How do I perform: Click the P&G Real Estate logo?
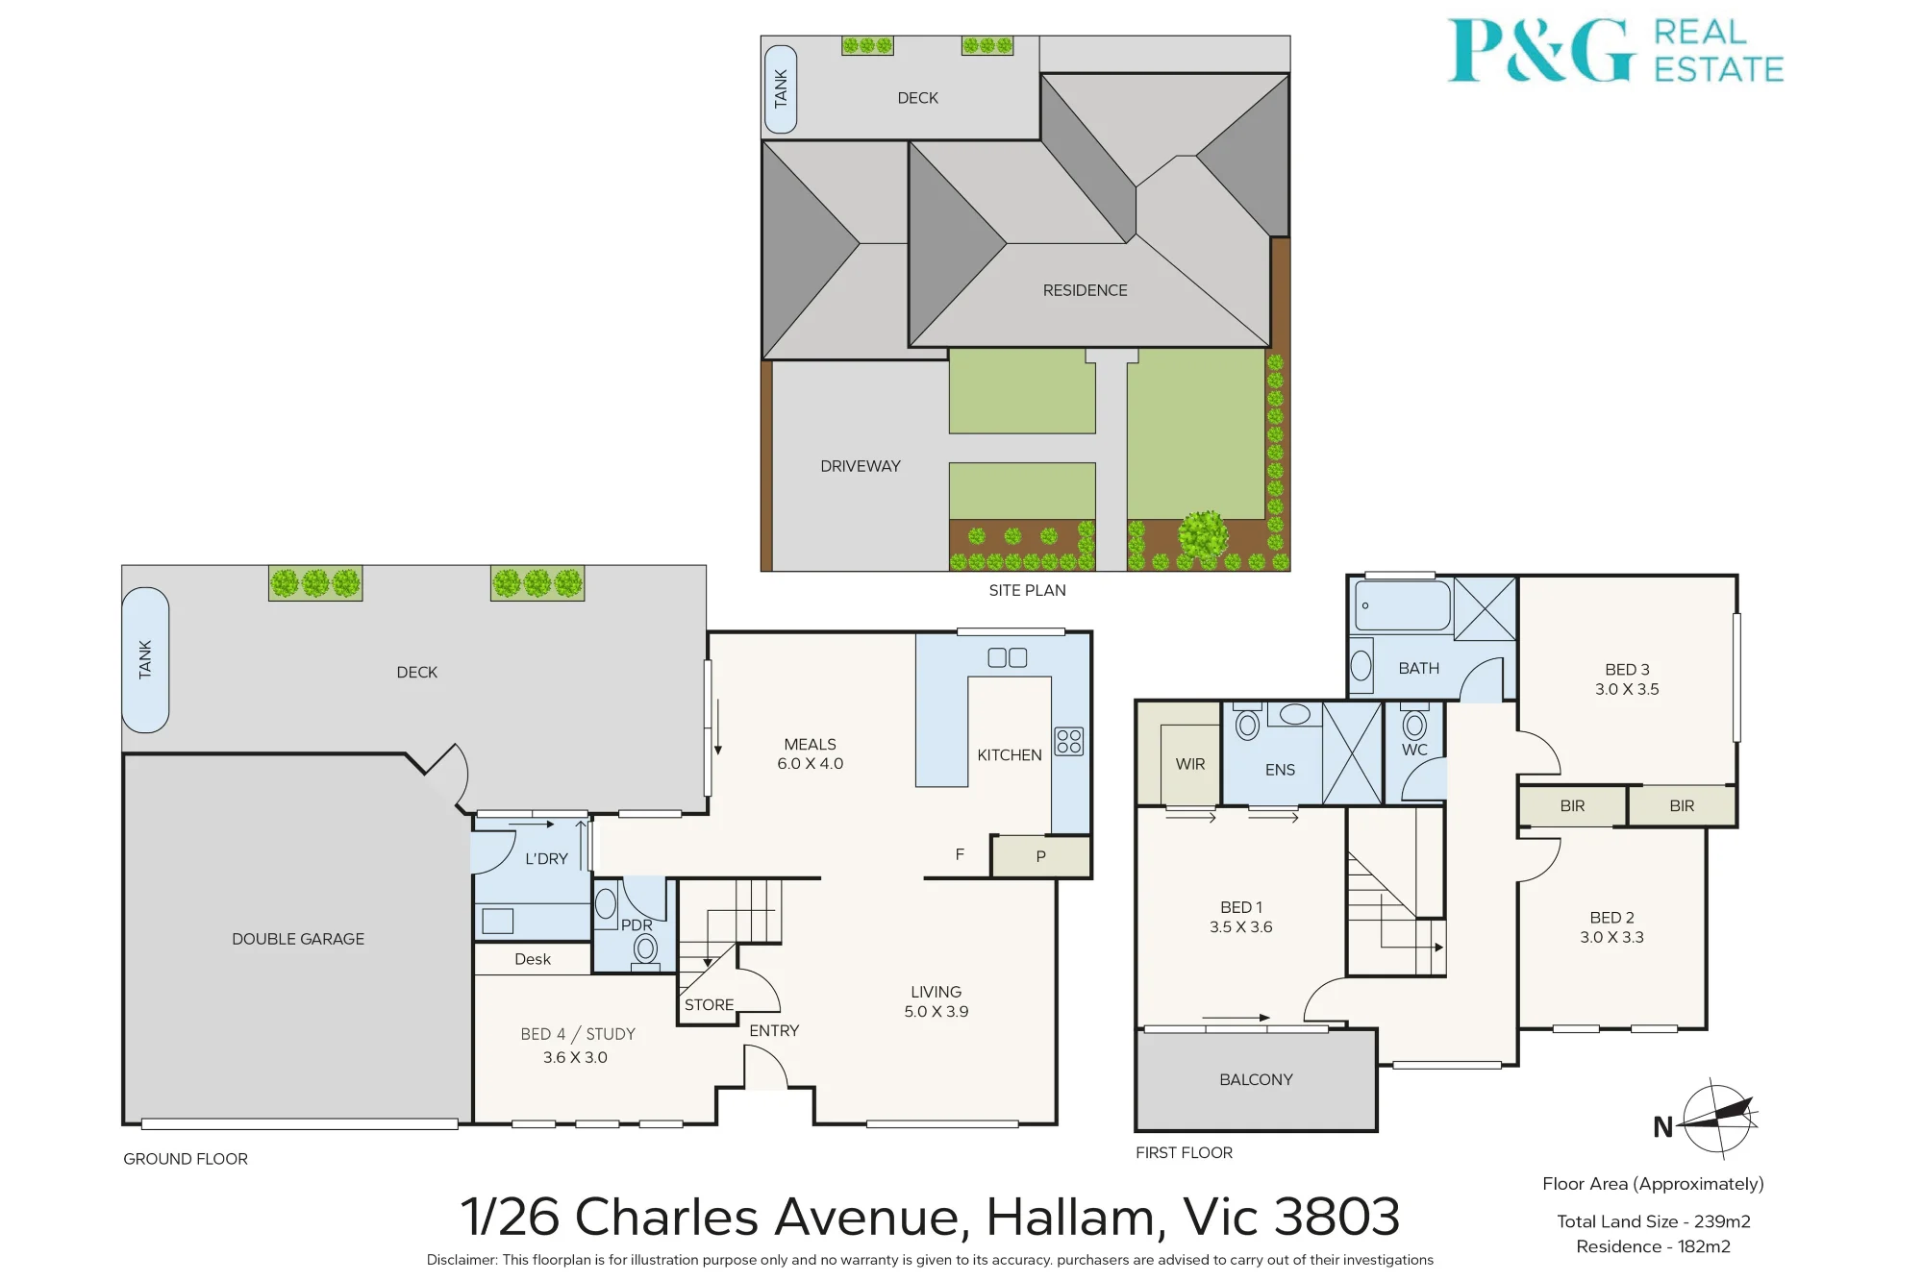(1615, 50)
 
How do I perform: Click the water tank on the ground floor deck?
(145, 659)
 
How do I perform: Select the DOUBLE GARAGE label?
(298, 939)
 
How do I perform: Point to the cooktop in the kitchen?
(1069, 741)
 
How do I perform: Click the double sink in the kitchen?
(1008, 657)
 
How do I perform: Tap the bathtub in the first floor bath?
(1403, 605)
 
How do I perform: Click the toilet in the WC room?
(1414, 723)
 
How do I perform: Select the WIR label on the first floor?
(1190, 764)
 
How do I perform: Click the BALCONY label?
(1256, 1080)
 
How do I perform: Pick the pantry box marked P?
(1041, 856)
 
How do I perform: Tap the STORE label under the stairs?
(710, 1005)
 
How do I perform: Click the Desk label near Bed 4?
(533, 959)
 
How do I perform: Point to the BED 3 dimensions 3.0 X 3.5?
(1627, 689)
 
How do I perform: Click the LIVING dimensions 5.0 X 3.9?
(937, 1012)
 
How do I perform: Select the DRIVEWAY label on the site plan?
(861, 466)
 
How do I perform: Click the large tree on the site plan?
(1203, 534)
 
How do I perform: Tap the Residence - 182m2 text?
(1653, 1246)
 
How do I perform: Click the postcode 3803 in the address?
(1337, 1217)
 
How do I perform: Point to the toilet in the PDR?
(646, 950)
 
